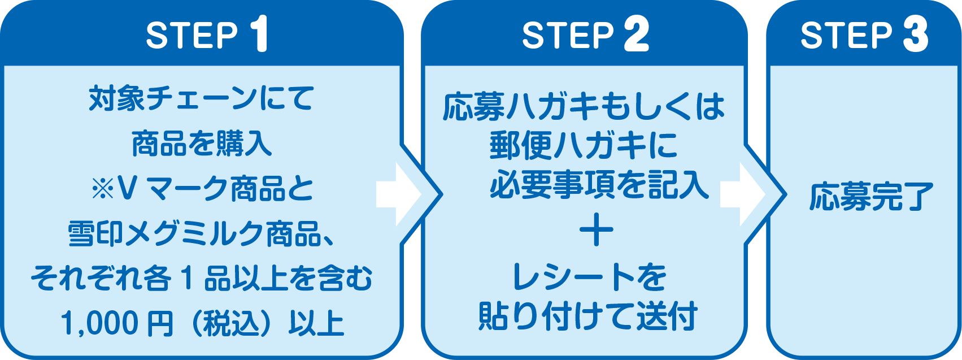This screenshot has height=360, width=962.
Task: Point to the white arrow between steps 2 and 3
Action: click(x=741, y=194)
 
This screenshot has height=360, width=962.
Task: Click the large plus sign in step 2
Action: click(x=596, y=232)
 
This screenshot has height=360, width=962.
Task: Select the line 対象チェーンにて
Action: click(x=201, y=99)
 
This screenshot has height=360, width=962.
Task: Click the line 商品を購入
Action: click(x=202, y=144)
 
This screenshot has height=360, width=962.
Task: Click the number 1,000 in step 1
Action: click(x=98, y=324)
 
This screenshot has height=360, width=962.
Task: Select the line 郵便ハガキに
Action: click(x=584, y=145)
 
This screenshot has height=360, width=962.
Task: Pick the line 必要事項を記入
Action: click(x=599, y=184)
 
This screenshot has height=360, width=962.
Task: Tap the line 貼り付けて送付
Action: click(x=587, y=316)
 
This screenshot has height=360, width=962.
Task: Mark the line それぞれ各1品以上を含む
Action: click(x=201, y=279)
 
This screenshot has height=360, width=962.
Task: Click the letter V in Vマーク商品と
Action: click(x=127, y=189)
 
